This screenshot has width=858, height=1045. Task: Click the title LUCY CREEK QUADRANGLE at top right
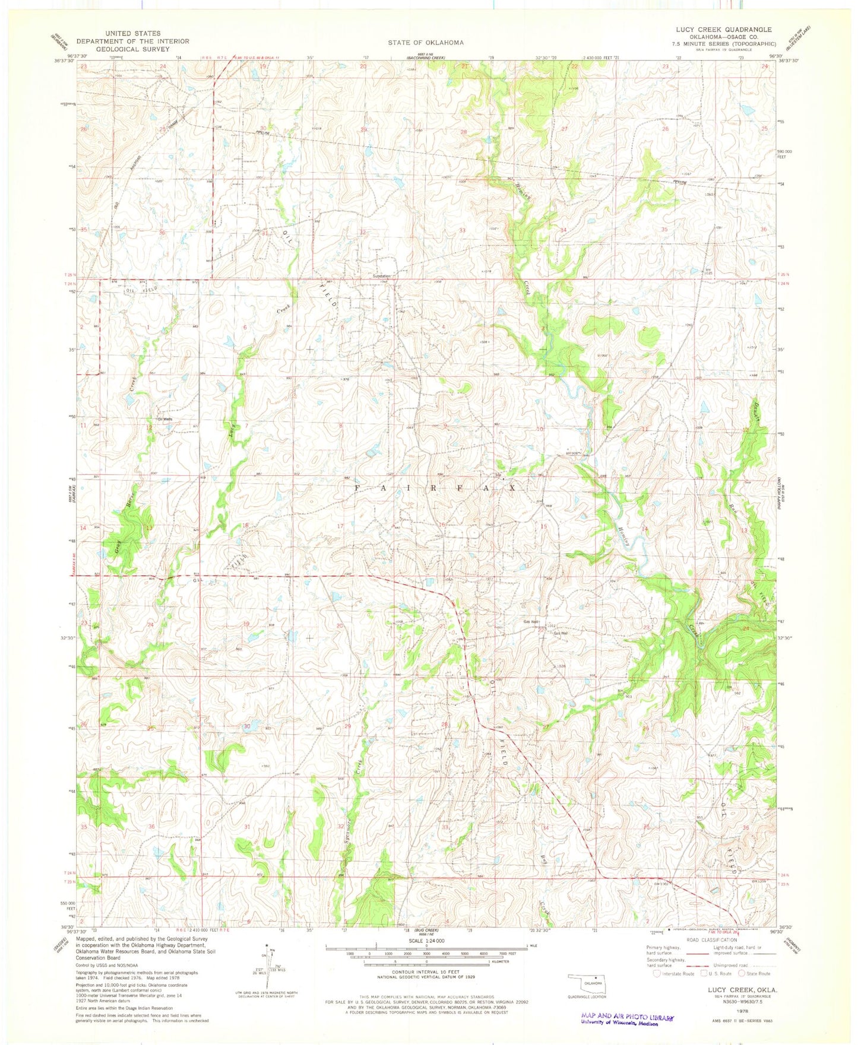[x=723, y=29]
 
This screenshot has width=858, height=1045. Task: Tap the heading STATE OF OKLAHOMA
[x=426, y=42]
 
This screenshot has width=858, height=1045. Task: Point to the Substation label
[x=381, y=277]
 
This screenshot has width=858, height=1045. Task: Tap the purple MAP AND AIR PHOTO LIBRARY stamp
[x=628, y=1017]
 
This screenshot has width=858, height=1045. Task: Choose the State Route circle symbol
[x=742, y=973]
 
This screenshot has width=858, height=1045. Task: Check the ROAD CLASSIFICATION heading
[x=711, y=939]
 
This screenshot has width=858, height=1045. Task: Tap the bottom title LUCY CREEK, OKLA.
[x=742, y=990]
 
